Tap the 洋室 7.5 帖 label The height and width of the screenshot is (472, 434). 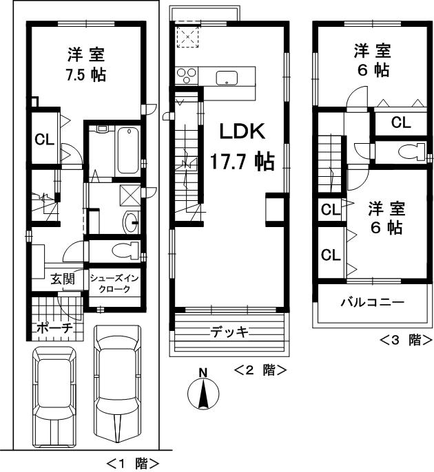click(86, 64)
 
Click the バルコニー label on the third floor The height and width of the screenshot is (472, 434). click(372, 303)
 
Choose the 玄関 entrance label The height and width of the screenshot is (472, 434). click(62, 279)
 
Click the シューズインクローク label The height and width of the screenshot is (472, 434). click(114, 283)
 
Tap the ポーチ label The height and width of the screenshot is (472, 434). click(54, 328)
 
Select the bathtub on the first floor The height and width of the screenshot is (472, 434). click(128, 151)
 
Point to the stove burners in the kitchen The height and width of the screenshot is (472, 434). click(187, 74)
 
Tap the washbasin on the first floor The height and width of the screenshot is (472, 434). click(130, 222)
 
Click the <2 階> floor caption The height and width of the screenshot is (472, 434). click(260, 370)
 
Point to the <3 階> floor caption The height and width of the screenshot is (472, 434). click(406, 339)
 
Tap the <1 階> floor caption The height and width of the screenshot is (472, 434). click(133, 463)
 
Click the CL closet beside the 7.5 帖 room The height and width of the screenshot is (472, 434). click(45, 140)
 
